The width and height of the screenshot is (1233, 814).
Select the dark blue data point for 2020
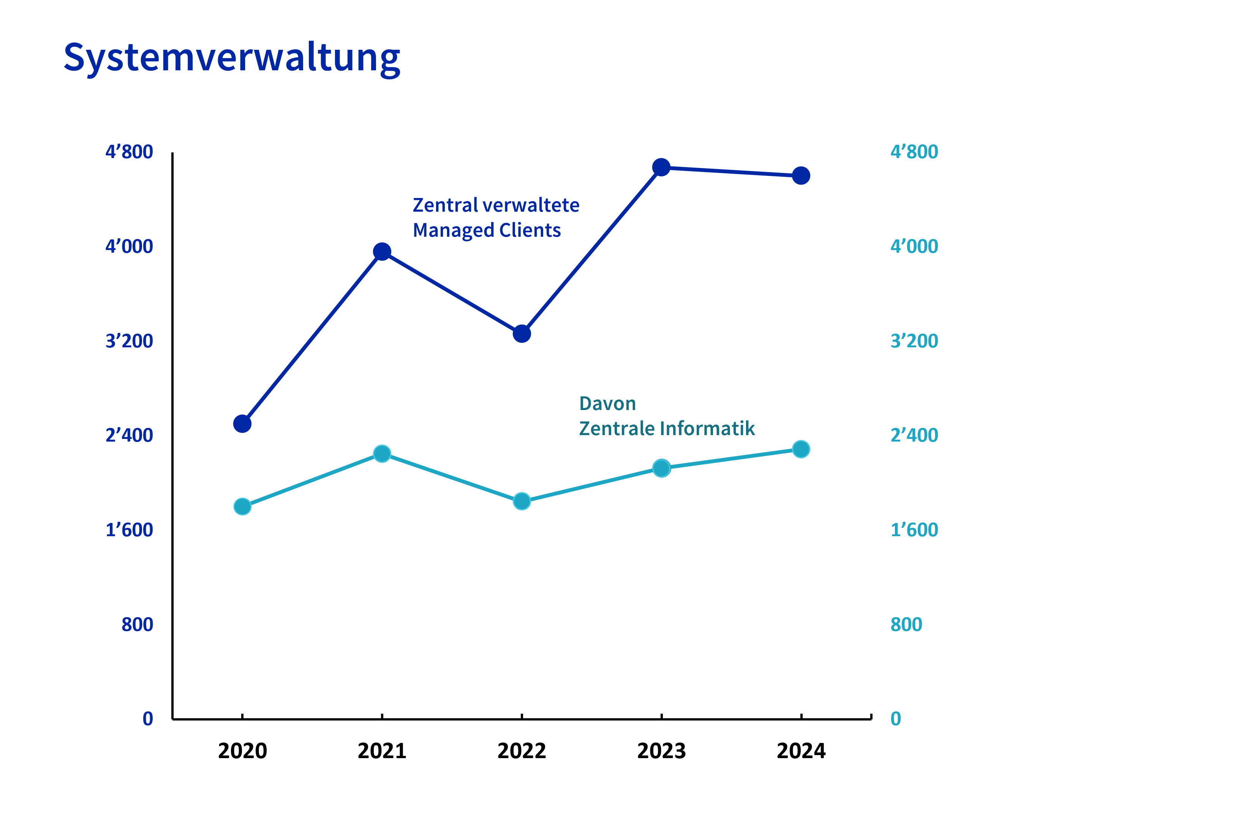pos(242,424)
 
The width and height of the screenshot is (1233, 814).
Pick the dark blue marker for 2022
pos(522,333)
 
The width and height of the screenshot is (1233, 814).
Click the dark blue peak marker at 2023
pos(661,167)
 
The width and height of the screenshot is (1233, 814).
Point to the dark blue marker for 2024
pos(801,176)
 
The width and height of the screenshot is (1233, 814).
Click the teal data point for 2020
pos(242,506)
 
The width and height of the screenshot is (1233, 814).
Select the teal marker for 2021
pos(382,454)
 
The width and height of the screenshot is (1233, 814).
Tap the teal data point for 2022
pos(522,501)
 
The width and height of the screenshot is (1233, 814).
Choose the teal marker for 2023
pos(661,468)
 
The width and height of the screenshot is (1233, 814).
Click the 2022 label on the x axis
pos(522,751)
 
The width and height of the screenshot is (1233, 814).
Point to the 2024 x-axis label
pos(801,751)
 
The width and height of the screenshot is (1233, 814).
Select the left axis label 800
pos(137,624)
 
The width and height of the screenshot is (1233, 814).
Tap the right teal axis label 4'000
pos(914,246)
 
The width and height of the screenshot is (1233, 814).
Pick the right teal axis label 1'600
pos(914,529)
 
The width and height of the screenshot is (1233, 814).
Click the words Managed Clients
pos(486,230)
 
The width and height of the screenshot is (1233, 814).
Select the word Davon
pos(607,403)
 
